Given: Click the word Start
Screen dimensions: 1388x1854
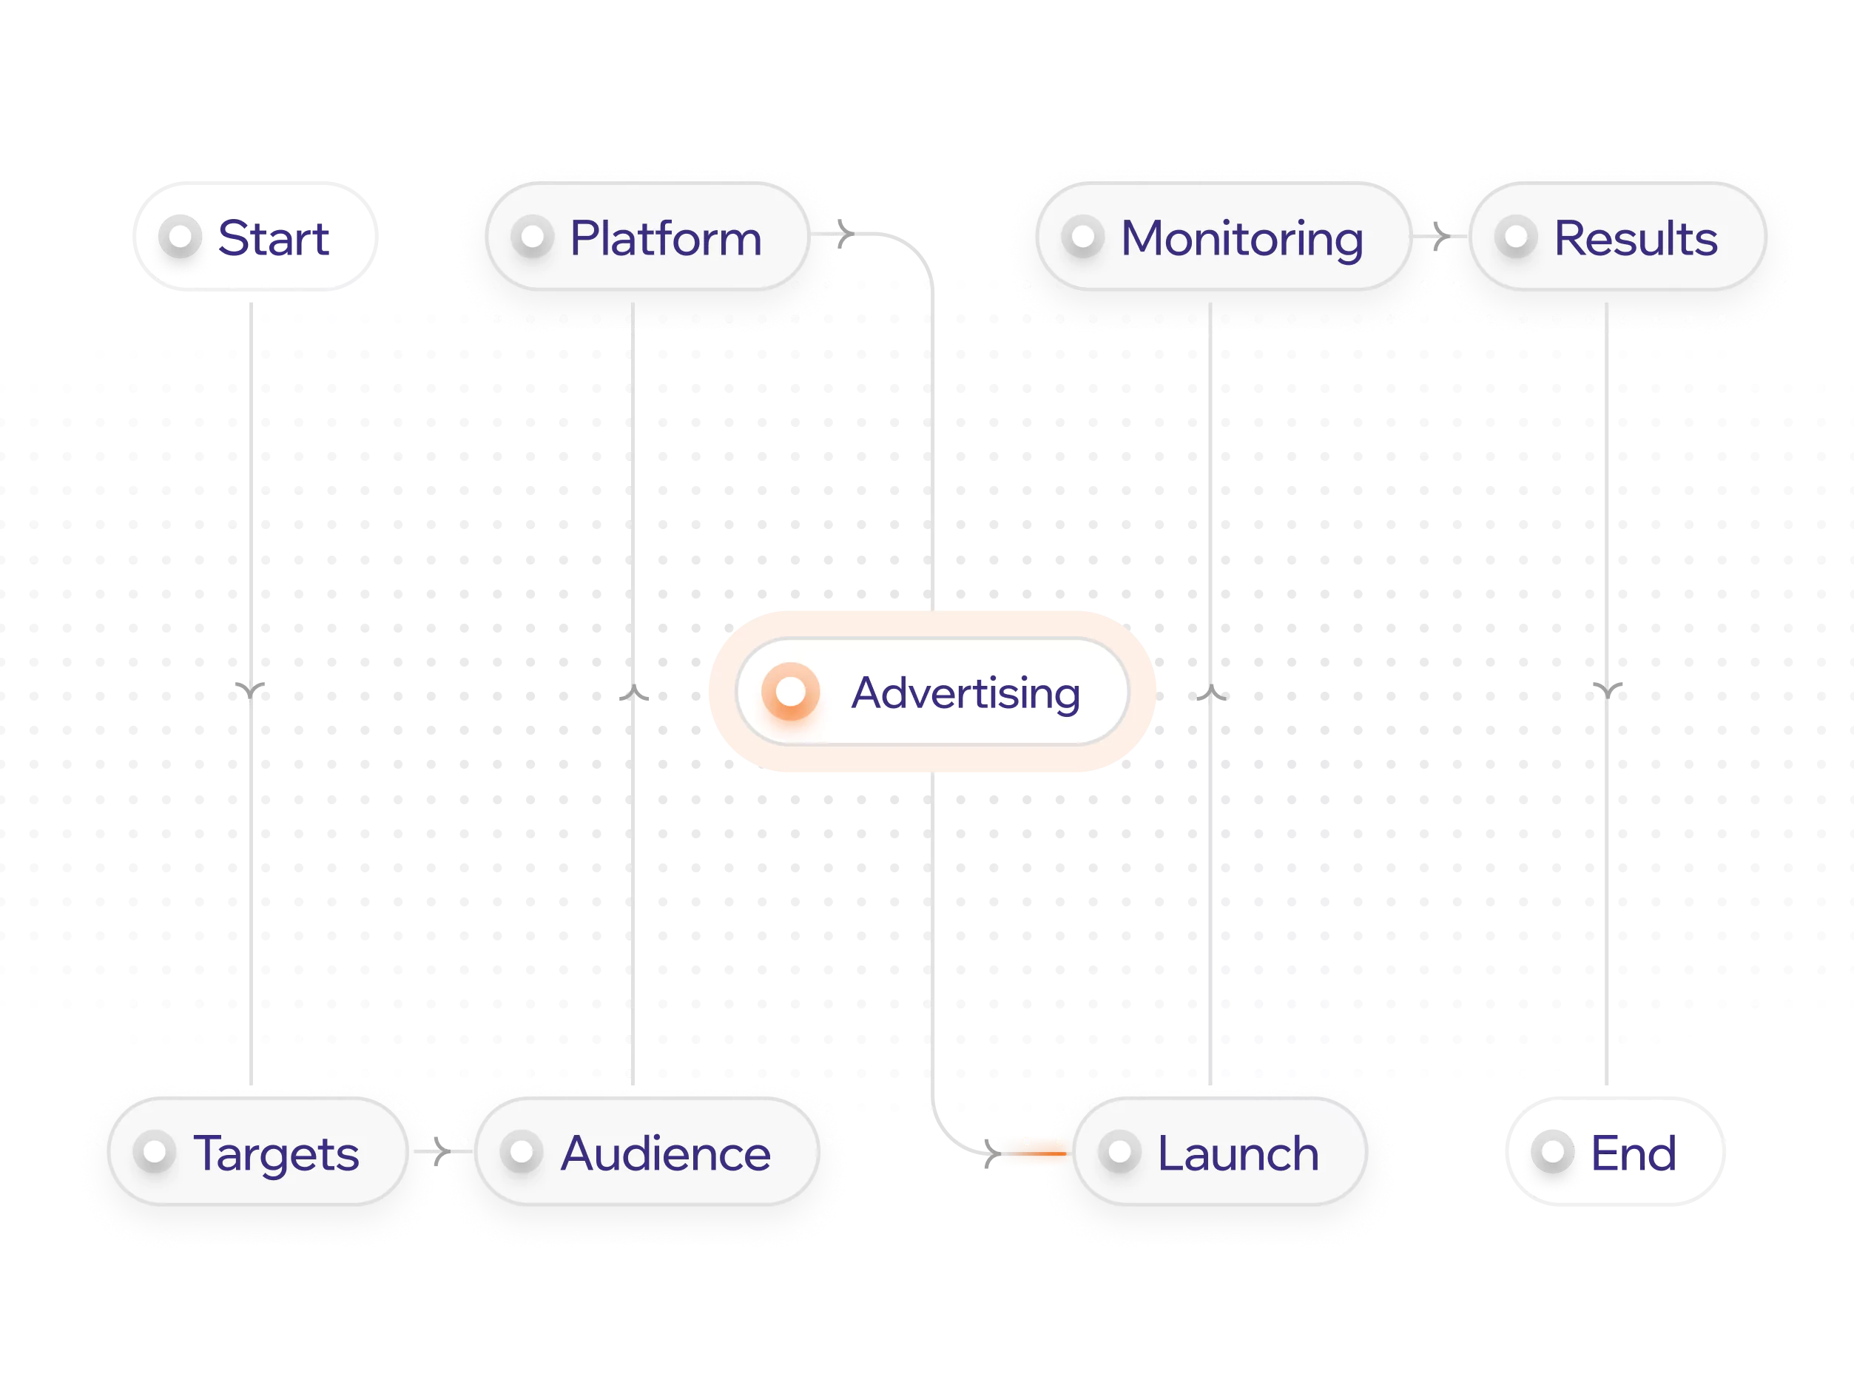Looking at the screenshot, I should coord(274,239).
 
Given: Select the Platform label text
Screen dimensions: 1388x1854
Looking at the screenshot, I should coord(666,239).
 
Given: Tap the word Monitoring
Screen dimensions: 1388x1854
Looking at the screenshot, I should coord(1241,239).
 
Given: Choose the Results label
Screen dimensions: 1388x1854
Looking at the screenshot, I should coord(1635,239).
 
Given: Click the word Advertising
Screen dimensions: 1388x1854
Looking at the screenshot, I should coord(965,693).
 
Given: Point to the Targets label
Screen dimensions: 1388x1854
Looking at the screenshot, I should coord(276,1154).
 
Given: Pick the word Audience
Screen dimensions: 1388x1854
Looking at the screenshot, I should coord(666,1154).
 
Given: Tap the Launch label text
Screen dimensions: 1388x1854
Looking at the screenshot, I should coord(1238,1154).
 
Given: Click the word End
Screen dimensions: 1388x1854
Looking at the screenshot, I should coord(1633,1154).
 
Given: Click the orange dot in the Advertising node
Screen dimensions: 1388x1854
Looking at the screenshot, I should coord(790,693).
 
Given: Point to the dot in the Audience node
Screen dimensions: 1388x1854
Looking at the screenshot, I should coord(522,1152).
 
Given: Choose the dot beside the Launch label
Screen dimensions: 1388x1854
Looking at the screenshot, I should coord(1120,1152).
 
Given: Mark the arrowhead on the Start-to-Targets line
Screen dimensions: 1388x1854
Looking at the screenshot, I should coord(249,692).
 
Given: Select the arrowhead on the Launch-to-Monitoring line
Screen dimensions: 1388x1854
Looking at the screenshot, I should coord(1210,693).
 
